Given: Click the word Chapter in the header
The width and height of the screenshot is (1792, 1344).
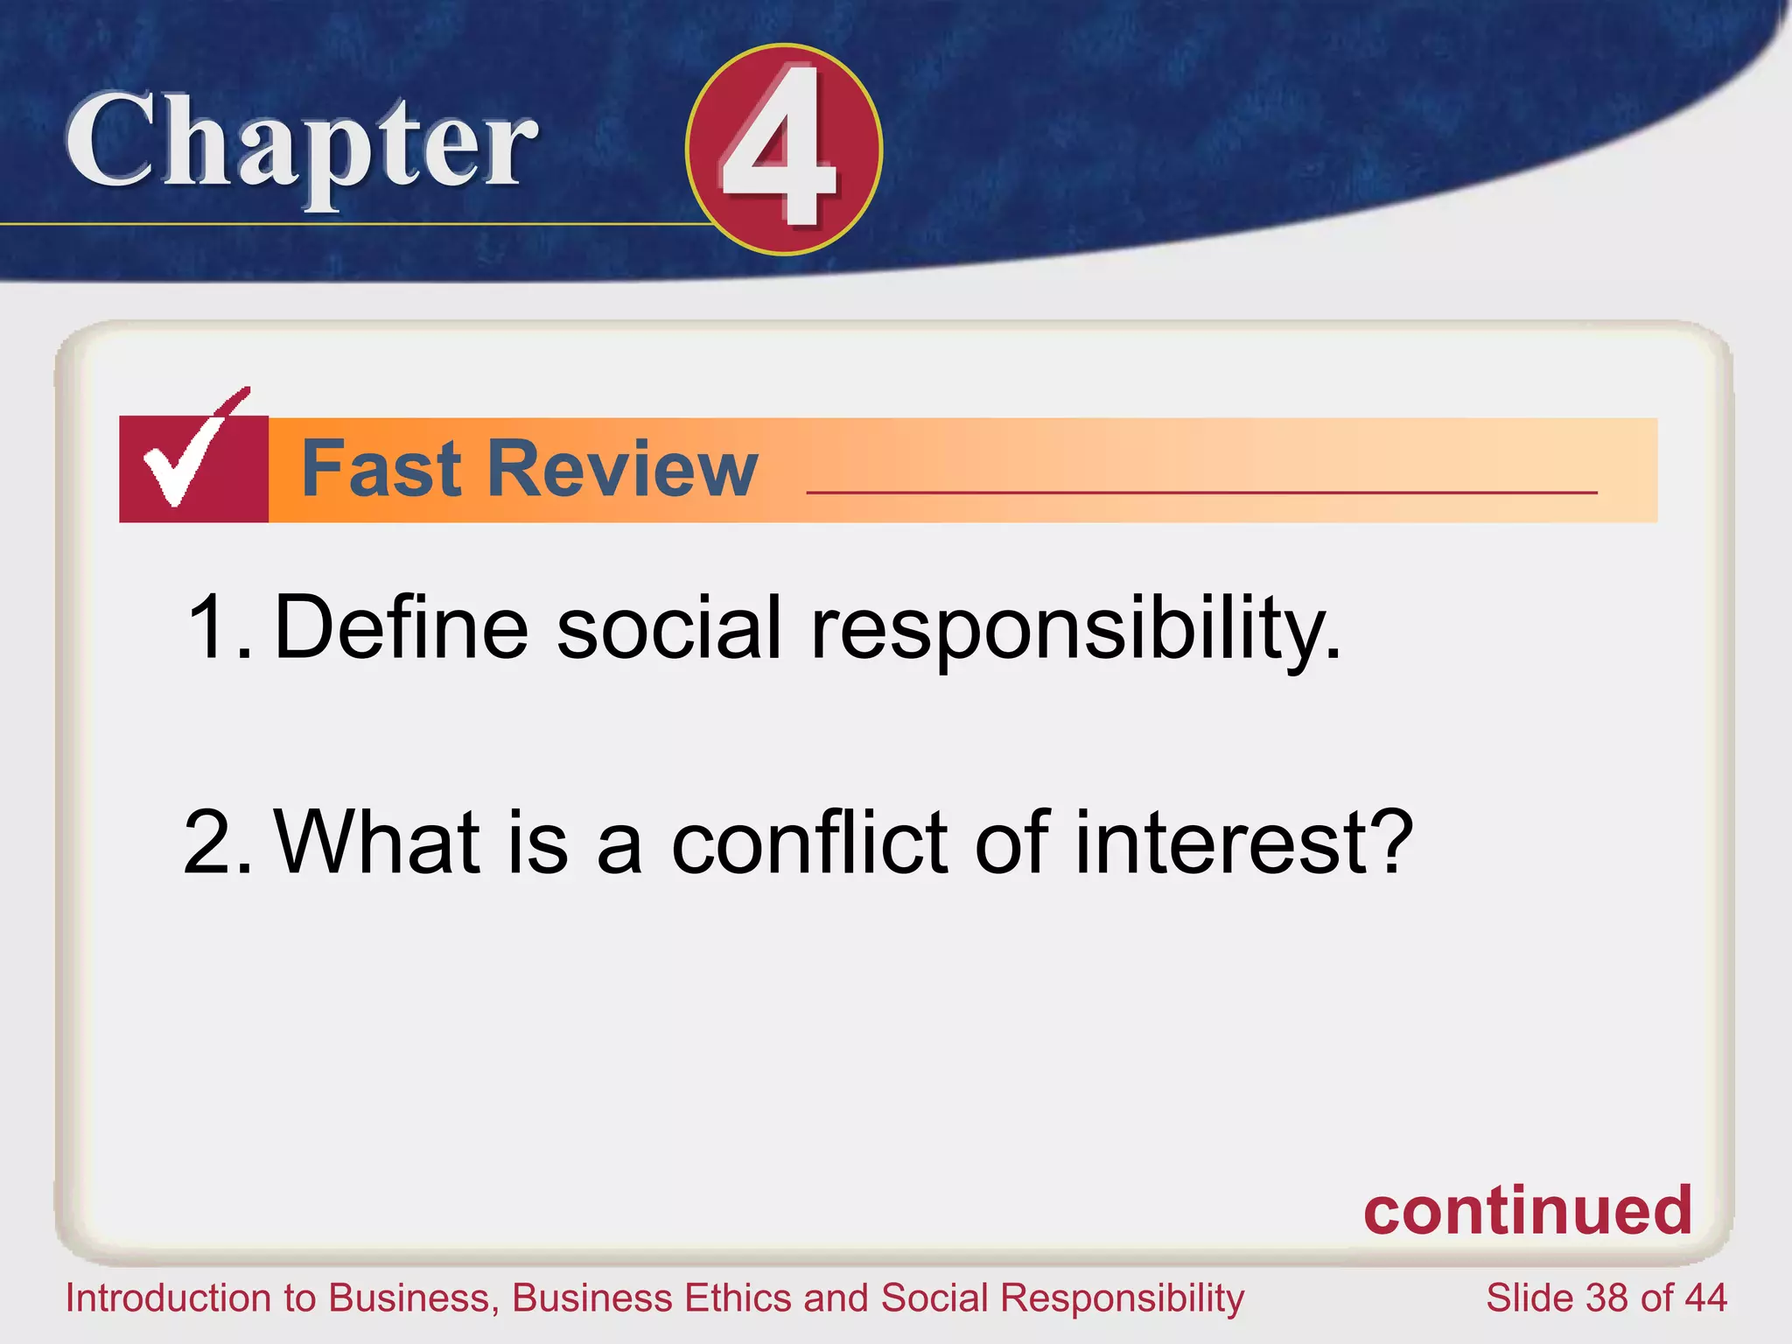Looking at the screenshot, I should coord(301,144).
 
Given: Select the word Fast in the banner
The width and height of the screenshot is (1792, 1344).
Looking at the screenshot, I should coord(381,470).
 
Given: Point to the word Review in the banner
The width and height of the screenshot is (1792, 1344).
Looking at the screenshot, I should coord(623,470).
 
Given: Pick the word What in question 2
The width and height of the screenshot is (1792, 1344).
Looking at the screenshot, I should coord(378,842).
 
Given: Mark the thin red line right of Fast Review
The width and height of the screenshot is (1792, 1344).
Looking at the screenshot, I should coord(1201,493).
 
